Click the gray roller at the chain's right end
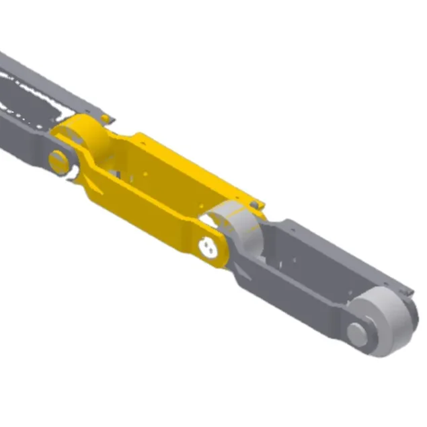tap(387, 323)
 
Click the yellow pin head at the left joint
tap(59, 161)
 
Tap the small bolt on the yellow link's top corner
tap(254, 202)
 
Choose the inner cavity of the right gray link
tap(296, 256)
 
